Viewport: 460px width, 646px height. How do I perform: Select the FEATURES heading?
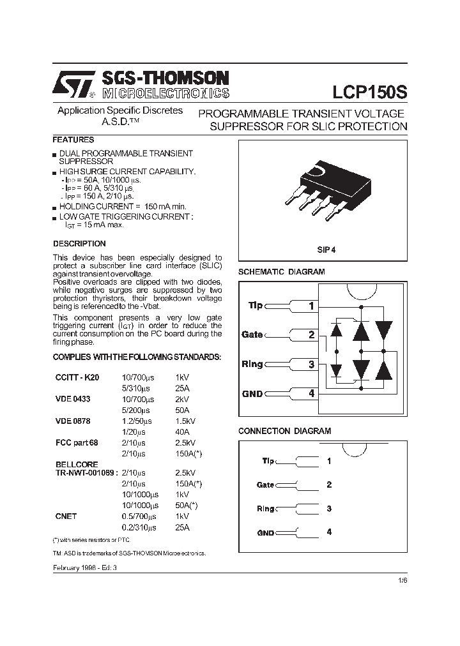73,140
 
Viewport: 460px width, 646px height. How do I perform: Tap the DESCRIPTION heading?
79,244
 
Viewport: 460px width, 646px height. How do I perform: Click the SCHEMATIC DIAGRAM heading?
281,272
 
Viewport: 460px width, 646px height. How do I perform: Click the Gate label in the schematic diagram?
252,334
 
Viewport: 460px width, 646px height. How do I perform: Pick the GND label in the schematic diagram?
252,394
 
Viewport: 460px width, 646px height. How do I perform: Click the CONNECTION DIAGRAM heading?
284,431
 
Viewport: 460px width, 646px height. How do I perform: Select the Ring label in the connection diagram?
265,509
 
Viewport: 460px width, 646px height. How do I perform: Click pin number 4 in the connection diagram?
329,532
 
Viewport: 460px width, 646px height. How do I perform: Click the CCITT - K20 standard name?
77,378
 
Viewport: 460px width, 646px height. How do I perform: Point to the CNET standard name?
66,516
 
